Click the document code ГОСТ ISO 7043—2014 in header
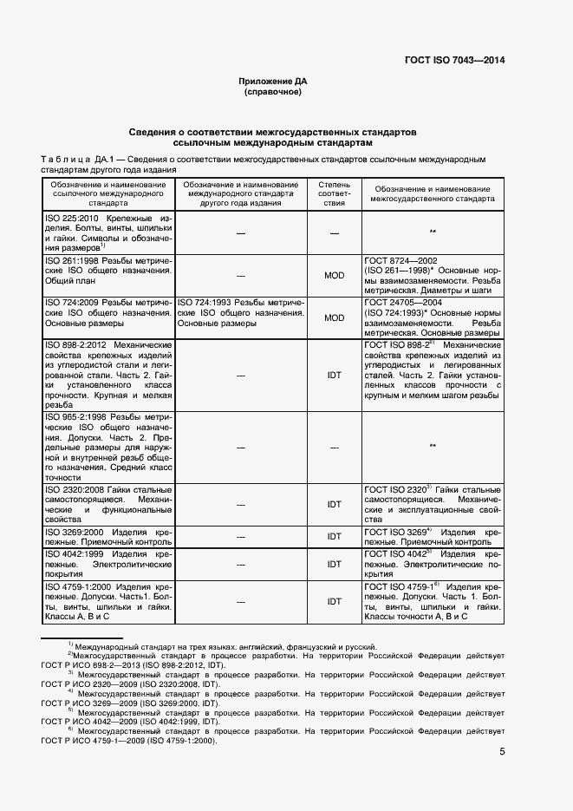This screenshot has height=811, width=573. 453,61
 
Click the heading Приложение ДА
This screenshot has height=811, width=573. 273,81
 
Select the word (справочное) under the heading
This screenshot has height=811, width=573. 273,91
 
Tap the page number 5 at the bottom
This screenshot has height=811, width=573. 502,752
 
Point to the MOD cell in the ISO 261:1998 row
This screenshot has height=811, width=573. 334,275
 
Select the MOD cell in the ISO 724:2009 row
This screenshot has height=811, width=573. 334,317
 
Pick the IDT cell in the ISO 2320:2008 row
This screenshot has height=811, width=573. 334,504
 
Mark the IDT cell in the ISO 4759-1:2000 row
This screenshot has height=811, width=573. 334,601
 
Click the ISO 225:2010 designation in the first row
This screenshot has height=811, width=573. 72,217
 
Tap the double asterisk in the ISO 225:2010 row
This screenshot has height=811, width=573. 432,232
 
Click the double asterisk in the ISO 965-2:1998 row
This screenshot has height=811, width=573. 432,447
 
